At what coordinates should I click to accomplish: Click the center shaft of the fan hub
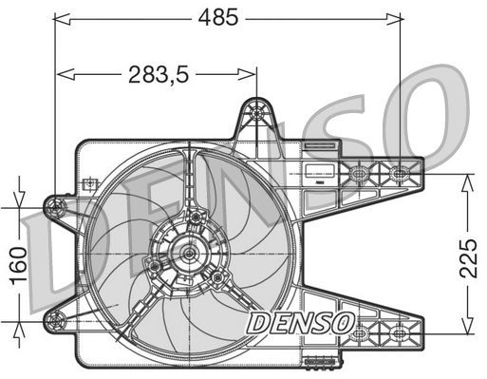click(188, 253)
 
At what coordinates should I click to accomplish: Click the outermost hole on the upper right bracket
click(401, 174)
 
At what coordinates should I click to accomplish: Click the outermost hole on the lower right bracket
click(400, 332)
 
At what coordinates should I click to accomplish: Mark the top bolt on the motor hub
click(196, 218)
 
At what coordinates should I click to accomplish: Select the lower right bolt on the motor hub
click(218, 277)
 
